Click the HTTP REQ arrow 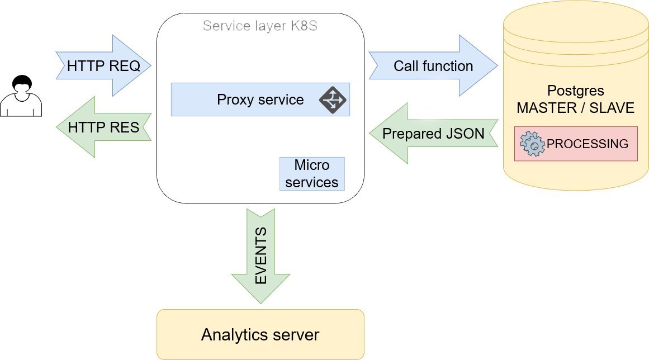point(104,66)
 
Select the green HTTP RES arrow point(104,127)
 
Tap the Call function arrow point(433,66)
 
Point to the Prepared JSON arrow point(433,134)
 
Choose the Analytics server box point(260,335)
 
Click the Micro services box point(312,174)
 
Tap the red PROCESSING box point(576,144)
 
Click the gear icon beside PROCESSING point(532,144)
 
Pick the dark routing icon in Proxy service point(333,100)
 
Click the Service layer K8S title point(260,26)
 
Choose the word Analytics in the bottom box point(235,335)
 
